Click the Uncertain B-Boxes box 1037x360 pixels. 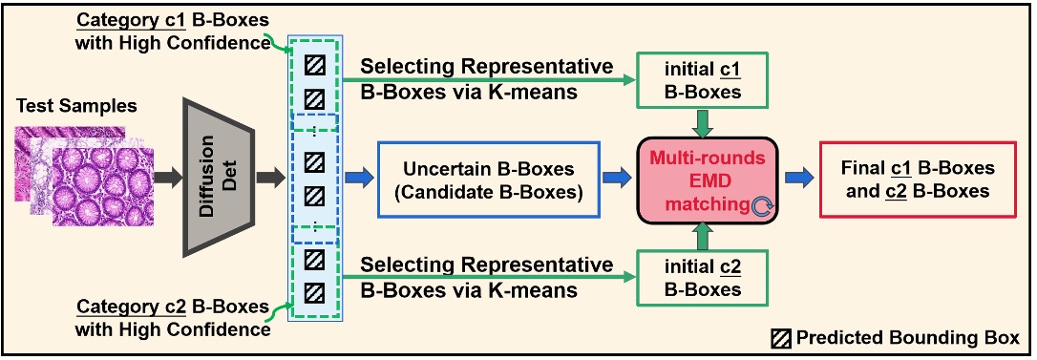pyautogui.click(x=489, y=178)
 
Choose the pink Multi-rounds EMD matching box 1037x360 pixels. pyautogui.click(x=709, y=178)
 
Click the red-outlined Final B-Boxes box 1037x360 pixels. pyautogui.click(x=918, y=179)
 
